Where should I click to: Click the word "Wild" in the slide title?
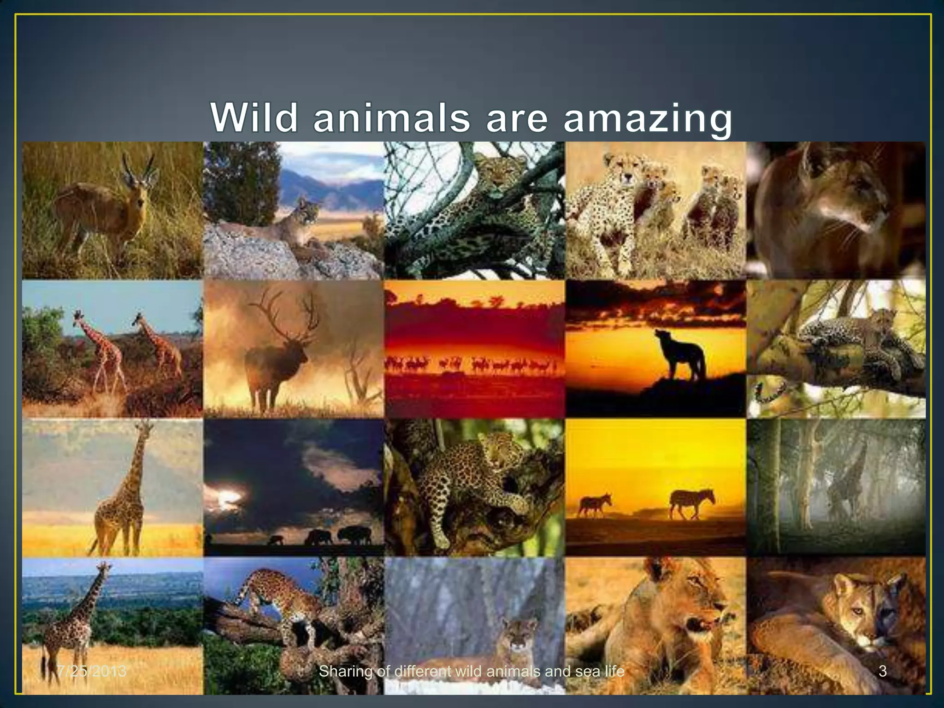click(x=254, y=118)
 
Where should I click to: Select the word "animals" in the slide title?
click(x=391, y=118)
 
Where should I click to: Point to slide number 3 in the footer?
click(x=882, y=671)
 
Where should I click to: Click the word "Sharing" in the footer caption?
click(x=345, y=671)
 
